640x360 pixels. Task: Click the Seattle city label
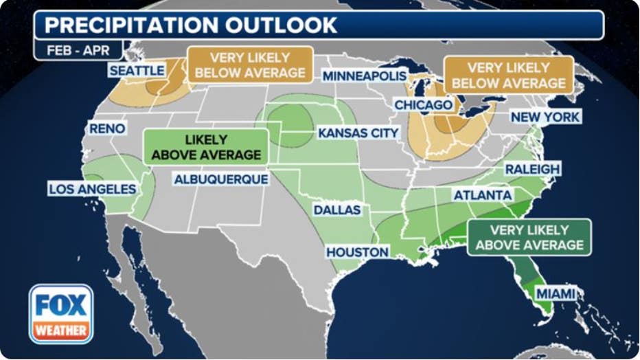(137, 71)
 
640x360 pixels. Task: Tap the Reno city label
(107, 128)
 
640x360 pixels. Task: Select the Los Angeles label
(92, 188)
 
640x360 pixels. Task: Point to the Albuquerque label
(220, 179)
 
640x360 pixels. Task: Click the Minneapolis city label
(365, 76)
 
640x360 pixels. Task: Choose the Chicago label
(423, 104)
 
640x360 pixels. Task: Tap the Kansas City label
(358, 133)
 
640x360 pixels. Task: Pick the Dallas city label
(337, 210)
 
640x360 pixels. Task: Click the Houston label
(357, 252)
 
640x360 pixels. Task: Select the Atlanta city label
(482, 196)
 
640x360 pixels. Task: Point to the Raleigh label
(532, 169)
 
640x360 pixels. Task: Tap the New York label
(545, 117)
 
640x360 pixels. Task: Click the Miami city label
(556, 293)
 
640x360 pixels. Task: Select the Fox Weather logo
(61, 314)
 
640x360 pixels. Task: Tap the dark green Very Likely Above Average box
(529, 238)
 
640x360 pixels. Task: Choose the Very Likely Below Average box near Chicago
(508, 75)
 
